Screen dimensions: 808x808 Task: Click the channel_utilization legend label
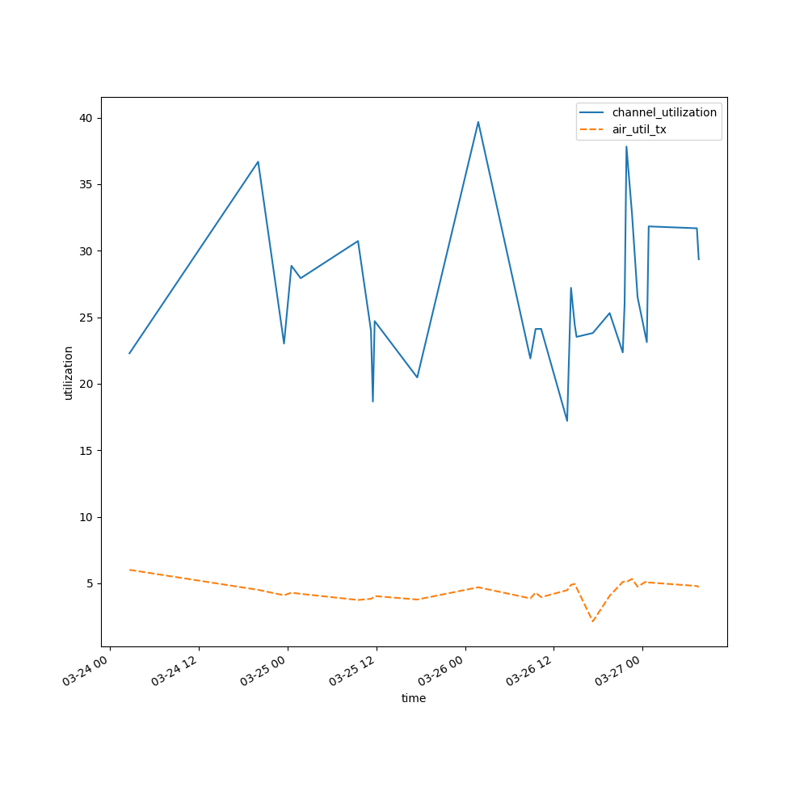pyautogui.click(x=664, y=112)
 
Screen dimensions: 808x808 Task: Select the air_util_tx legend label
pyautogui.click(x=639, y=129)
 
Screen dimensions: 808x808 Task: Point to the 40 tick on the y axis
pyautogui.click(x=85, y=118)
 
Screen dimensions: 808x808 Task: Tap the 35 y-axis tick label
pyautogui.click(x=85, y=184)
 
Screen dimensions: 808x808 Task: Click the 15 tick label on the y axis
pyautogui.click(x=85, y=451)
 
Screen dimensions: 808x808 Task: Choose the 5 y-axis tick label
pyautogui.click(x=88, y=583)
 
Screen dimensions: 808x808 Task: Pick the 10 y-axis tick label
pyautogui.click(x=85, y=517)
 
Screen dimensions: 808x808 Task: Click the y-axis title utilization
pyautogui.click(x=69, y=372)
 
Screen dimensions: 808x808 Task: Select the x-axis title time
pyautogui.click(x=414, y=698)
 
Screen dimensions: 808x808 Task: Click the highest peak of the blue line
pyautogui.click(x=478, y=122)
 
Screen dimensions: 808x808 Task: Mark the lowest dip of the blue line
pyautogui.click(x=567, y=420)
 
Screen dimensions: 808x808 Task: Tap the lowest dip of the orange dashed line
pyautogui.click(x=592, y=621)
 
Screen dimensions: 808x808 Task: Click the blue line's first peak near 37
pyautogui.click(x=258, y=162)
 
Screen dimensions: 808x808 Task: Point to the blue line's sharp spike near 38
pyautogui.click(x=626, y=146)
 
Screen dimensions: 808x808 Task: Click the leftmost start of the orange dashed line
pyautogui.click(x=129, y=570)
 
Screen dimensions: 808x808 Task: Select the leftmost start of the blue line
pyautogui.click(x=129, y=353)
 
